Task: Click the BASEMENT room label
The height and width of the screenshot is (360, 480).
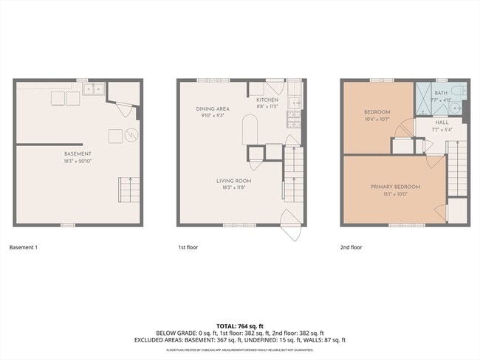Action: point(78,153)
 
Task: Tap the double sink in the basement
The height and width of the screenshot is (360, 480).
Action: point(93,89)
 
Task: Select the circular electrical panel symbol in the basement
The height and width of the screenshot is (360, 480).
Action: point(131,136)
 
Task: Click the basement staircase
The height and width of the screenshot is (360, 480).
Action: point(129,190)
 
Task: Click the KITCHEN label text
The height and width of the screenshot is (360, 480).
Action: point(267,100)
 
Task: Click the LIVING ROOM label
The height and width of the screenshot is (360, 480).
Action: point(233,181)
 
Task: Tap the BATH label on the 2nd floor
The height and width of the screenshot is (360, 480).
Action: point(441,93)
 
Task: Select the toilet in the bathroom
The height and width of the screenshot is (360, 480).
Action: point(457,92)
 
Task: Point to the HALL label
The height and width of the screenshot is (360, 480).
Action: point(442,122)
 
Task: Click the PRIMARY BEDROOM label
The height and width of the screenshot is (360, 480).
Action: point(395,187)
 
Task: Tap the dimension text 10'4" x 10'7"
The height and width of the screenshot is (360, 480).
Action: point(377,119)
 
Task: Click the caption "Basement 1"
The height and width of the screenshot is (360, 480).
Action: point(23,247)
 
